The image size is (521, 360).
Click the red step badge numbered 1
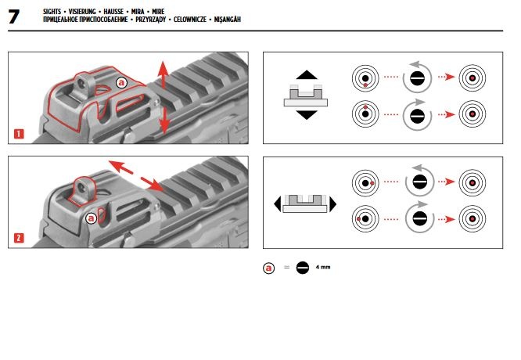click(x=19, y=134)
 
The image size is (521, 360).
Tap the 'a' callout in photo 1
click(x=120, y=82)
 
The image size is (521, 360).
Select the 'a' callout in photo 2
click(x=92, y=217)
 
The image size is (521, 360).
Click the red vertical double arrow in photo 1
click(x=163, y=98)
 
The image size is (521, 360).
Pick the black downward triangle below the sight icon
click(x=306, y=114)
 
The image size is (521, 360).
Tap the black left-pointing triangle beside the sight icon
click(x=278, y=204)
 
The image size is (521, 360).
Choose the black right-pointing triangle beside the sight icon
click(x=333, y=204)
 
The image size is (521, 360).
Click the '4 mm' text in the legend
click(x=324, y=268)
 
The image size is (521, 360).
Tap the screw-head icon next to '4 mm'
click(x=303, y=268)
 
